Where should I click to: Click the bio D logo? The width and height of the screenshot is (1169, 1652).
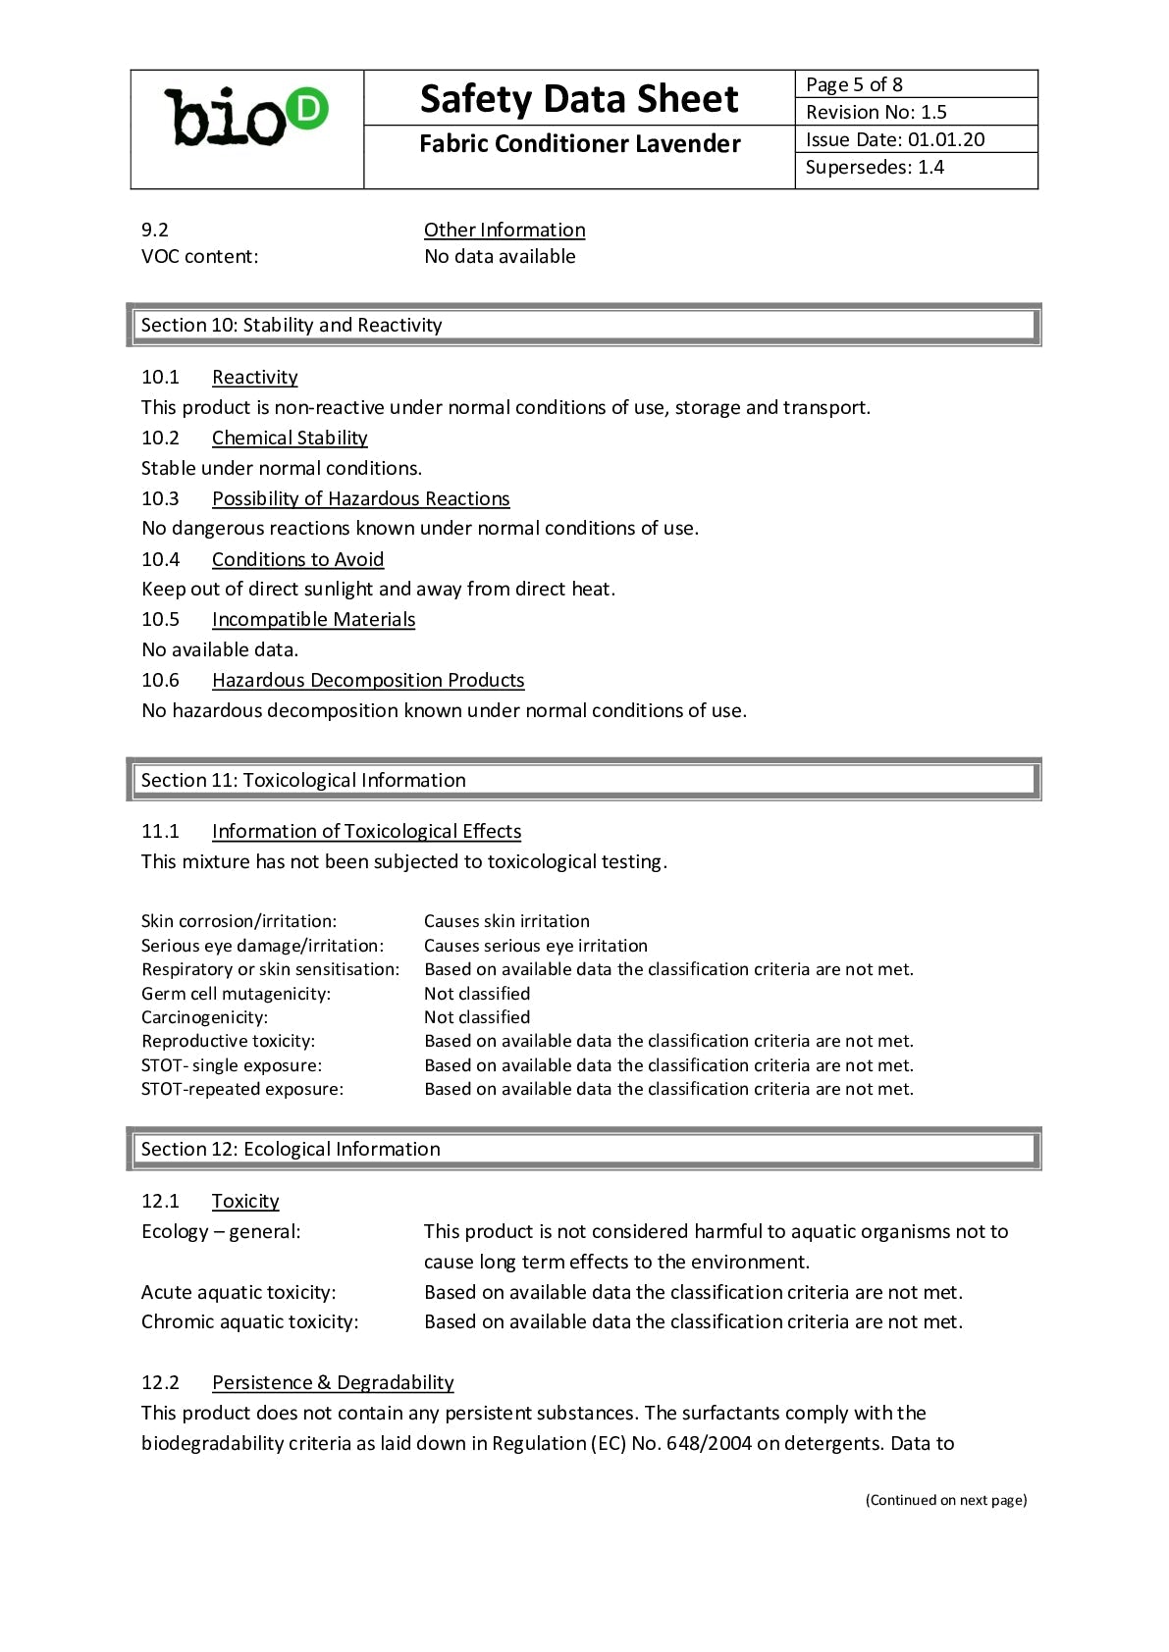[x=246, y=118]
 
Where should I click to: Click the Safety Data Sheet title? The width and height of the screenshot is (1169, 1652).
[x=579, y=99]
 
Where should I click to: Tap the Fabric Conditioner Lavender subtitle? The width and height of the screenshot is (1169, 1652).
[x=579, y=144]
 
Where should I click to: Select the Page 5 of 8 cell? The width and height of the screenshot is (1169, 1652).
[x=915, y=84]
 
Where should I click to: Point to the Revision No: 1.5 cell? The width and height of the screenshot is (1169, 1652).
[x=915, y=112]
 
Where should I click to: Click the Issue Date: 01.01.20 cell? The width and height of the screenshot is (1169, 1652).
[x=915, y=139]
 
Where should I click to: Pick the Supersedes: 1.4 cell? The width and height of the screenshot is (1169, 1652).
[x=915, y=167]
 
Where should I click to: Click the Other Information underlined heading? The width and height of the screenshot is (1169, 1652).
[x=505, y=230]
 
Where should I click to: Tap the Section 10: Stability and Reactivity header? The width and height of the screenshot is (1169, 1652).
[x=291, y=325]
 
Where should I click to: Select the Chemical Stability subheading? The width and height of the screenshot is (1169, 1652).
[x=290, y=438]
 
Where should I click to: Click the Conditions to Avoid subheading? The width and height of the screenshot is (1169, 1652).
[x=297, y=559]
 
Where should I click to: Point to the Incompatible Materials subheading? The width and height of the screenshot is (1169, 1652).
[x=313, y=619]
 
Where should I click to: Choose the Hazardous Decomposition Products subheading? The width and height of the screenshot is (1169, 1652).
[x=368, y=680]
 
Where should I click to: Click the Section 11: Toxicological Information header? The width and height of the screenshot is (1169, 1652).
[x=302, y=780]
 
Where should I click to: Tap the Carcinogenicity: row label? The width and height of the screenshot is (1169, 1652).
[x=204, y=1017]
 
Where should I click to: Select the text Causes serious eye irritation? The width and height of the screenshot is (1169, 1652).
[x=535, y=946]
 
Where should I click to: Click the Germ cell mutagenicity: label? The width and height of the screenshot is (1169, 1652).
[x=236, y=994]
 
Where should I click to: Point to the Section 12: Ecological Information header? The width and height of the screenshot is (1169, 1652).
[x=290, y=1149]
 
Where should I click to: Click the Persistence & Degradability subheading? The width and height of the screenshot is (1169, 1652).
[x=333, y=1382]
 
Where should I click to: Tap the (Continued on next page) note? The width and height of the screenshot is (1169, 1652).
[x=945, y=1499]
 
